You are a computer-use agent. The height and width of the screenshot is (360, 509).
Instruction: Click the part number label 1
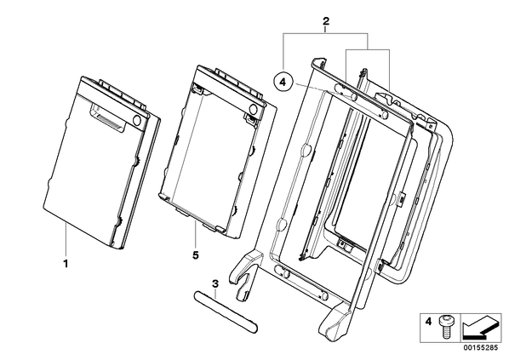coord(66,264)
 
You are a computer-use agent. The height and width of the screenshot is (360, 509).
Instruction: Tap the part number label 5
coord(196,255)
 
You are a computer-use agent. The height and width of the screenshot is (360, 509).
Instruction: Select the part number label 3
coord(215,283)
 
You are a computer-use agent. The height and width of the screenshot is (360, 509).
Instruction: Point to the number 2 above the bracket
coord(326,21)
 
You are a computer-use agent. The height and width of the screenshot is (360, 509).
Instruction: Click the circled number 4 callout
coord(283,83)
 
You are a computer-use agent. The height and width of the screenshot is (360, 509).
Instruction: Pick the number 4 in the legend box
coord(428,322)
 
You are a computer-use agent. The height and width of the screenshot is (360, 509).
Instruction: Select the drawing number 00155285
coord(480,347)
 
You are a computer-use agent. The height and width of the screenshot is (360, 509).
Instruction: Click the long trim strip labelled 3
coord(226,312)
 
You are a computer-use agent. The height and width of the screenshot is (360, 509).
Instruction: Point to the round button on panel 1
coord(138,120)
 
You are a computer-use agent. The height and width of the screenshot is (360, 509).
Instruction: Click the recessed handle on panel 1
coord(106,118)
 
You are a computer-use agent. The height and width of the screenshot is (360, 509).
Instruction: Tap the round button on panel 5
coord(254,109)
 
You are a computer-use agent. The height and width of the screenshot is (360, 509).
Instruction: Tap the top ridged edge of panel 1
coord(113,92)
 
